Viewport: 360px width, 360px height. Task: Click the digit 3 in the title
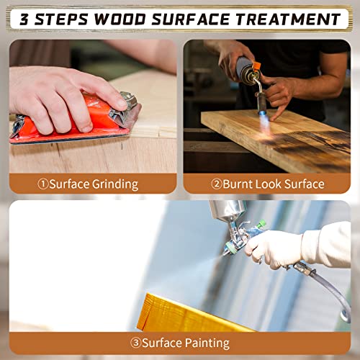(24, 19)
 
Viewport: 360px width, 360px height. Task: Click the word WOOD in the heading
(120, 19)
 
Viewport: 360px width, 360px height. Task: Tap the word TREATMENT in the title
(288, 19)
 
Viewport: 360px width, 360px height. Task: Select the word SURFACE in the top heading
(191, 19)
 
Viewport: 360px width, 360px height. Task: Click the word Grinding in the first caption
(115, 185)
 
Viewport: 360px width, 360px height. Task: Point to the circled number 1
(43, 184)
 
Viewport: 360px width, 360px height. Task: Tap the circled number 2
(217, 184)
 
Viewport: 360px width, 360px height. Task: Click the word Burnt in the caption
(237, 184)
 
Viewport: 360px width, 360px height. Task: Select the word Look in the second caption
(268, 184)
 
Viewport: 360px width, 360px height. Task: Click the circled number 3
(135, 343)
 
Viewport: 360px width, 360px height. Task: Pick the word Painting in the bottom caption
(207, 343)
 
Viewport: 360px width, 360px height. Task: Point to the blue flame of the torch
(264, 120)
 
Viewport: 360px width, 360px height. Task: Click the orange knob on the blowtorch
(256, 67)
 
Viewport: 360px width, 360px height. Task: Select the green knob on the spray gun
(261, 225)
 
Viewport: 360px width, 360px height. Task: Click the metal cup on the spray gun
(228, 211)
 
